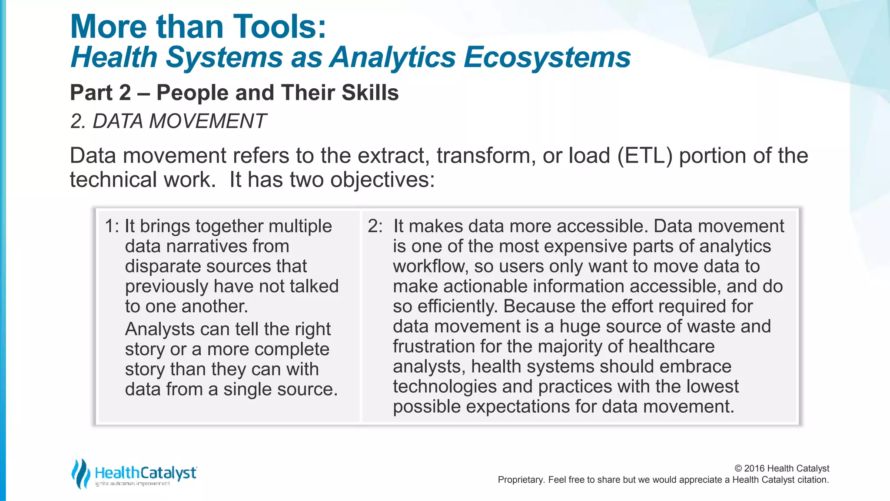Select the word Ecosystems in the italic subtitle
(547, 57)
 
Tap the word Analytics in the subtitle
(392, 57)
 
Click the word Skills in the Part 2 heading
(370, 93)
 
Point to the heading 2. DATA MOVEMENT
(168, 121)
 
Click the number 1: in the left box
(112, 226)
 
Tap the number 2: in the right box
(375, 226)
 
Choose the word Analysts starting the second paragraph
(159, 329)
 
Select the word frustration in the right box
(433, 347)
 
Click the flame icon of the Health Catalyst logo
(81, 474)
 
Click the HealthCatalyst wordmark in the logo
(146, 473)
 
